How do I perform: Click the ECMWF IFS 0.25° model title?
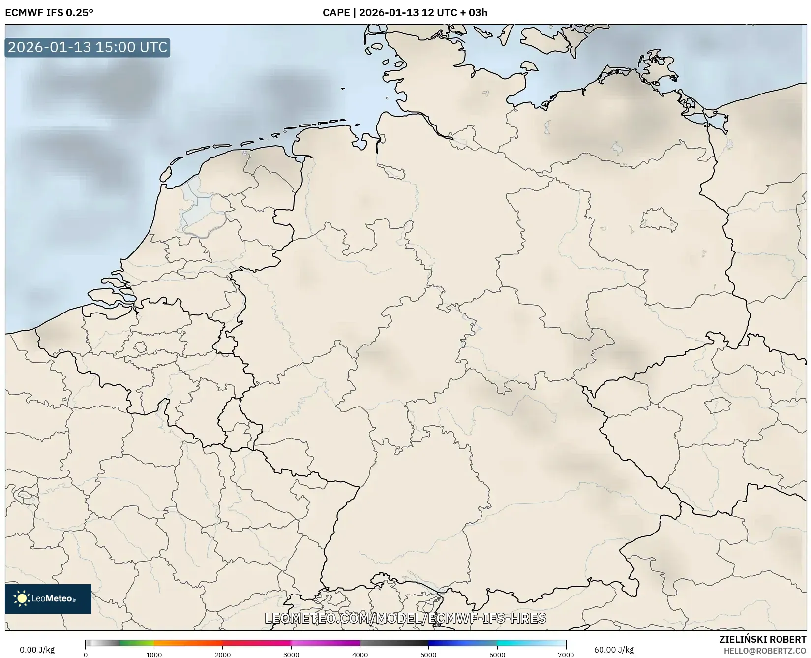click(x=49, y=13)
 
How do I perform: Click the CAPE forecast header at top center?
click(x=405, y=13)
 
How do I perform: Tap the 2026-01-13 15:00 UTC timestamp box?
click(x=88, y=47)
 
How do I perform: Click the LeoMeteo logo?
click(x=48, y=598)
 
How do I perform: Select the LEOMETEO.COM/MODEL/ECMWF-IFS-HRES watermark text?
click(x=405, y=618)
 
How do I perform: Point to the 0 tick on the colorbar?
click(x=86, y=654)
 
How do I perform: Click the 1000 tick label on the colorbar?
click(x=154, y=654)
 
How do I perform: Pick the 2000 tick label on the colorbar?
click(x=223, y=654)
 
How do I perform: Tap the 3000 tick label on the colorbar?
click(x=291, y=654)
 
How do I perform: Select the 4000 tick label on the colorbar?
click(x=360, y=654)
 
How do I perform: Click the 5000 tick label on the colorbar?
click(x=428, y=654)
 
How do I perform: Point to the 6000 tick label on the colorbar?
click(x=497, y=654)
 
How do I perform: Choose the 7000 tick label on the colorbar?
click(x=566, y=654)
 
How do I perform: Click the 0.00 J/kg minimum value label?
click(x=37, y=650)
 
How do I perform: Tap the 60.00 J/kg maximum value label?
click(x=614, y=650)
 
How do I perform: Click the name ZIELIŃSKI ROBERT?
click(x=763, y=640)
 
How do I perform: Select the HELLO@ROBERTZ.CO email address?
click(x=765, y=651)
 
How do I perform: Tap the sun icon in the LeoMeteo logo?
click(x=22, y=598)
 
